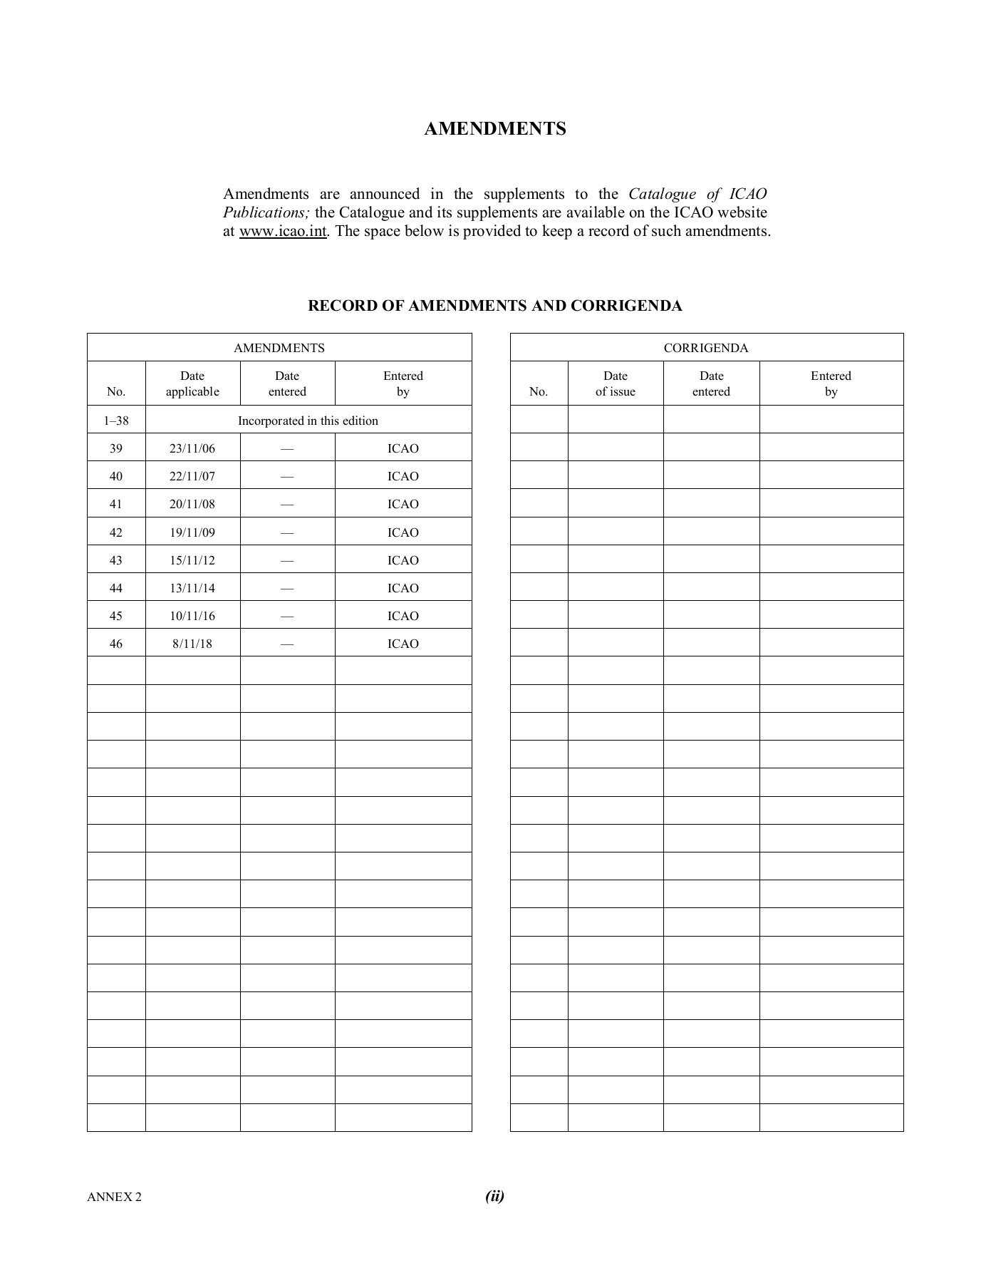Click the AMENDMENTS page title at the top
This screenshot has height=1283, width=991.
coord(494,129)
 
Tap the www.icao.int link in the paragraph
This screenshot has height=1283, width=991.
coord(283,232)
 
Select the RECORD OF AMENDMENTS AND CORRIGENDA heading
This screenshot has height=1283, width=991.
coord(494,306)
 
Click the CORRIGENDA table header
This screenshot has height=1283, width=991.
coord(705,348)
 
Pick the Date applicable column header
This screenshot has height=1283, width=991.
coord(192,383)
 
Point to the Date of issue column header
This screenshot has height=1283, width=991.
coord(615,383)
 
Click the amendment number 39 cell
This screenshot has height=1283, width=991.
coord(116,448)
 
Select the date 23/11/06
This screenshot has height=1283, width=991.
coord(192,448)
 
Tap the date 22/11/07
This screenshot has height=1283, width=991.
coord(192,476)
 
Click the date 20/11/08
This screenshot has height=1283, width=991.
coord(192,504)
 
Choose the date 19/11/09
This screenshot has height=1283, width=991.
coord(192,532)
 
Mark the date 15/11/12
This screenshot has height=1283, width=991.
coord(192,560)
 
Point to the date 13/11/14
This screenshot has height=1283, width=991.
coord(192,588)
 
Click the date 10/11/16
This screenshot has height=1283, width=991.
coord(192,616)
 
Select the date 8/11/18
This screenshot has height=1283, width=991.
coord(192,644)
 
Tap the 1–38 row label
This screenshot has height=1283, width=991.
coord(116,421)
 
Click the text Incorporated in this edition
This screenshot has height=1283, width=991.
coord(308,421)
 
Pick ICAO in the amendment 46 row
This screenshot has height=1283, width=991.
coord(403,644)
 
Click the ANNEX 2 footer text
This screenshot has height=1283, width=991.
coord(114,1197)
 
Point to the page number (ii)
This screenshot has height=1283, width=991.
coord(494,1196)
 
